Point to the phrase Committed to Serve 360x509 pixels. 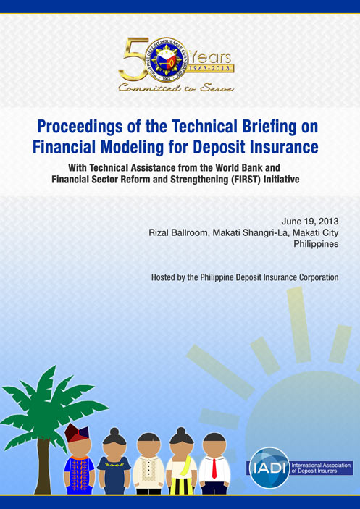(175, 88)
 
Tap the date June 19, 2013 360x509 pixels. (310, 222)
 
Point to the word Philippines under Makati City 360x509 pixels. (316, 244)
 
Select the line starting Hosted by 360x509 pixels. (245, 277)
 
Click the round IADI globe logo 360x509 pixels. (269, 468)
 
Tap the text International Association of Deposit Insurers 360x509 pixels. (321, 468)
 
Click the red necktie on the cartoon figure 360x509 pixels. (214, 468)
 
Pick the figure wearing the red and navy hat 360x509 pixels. (79, 459)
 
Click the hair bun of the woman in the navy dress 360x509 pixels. (114, 432)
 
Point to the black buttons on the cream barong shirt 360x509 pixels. (149, 466)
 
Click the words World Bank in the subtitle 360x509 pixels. (246, 168)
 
